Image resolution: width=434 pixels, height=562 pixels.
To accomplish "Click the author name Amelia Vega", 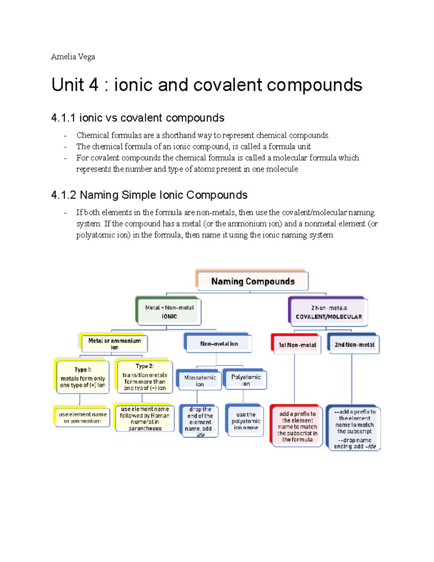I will (x=73, y=57).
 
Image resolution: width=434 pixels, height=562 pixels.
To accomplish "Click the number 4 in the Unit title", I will (x=93, y=85).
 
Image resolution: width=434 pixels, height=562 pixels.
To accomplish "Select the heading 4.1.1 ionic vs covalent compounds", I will (x=138, y=118).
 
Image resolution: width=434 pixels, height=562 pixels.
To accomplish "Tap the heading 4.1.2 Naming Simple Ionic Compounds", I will (x=149, y=195).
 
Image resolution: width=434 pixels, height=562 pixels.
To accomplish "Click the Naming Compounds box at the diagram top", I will (x=252, y=281).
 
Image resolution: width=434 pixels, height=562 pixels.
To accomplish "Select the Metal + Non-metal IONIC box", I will (x=169, y=312).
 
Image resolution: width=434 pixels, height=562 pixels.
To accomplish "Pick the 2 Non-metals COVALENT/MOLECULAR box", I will (x=328, y=312).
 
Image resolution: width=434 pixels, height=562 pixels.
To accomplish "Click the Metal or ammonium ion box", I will (x=114, y=344).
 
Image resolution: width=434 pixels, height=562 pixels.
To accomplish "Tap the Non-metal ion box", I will (x=219, y=344).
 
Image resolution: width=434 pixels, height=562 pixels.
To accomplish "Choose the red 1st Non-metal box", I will (x=297, y=345).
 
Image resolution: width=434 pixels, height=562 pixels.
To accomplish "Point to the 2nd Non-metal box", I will (x=354, y=345).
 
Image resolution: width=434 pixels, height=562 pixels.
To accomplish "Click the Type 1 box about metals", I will (x=82, y=377).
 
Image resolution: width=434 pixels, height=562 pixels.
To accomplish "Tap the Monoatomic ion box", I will (x=200, y=380).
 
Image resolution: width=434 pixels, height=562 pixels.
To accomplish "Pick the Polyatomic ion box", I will (x=246, y=380).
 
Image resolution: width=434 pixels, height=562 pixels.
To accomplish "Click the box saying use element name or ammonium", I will (x=82, y=418).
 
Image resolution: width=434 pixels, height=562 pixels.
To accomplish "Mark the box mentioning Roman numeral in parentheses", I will (x=145, y=419).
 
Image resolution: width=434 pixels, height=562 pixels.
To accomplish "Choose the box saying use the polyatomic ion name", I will (x=246, y=421).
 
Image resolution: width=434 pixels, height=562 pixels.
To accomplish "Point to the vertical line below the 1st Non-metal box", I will (x=294, y=378).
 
